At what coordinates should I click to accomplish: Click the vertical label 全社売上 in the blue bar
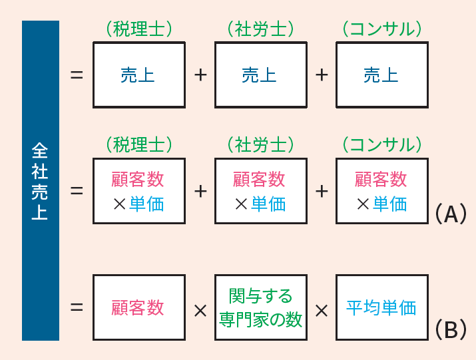point(40,181)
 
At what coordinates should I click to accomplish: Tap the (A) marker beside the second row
point(451,214)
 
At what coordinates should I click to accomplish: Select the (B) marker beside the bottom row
point(451,329)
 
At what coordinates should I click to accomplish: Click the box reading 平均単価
point(382,307)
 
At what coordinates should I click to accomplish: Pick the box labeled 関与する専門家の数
point(261,307)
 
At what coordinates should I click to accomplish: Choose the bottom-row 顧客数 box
point(139,307)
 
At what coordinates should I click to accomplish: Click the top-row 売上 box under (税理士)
point(139,75)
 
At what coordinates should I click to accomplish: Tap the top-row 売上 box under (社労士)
point(261,75)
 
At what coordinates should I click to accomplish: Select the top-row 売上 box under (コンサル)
point(382,75)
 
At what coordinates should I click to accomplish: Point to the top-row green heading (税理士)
point(139,29)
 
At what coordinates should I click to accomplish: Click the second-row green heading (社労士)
point(261,145)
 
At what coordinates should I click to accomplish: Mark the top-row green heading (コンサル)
point(382,29)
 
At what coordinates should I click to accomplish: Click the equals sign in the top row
point(77,75)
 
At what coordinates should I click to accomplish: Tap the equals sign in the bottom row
point(77,307)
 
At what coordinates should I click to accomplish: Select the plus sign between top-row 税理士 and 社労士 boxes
point(200,75)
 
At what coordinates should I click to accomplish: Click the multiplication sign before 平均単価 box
point(322,311)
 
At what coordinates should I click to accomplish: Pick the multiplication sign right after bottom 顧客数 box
point(200,311)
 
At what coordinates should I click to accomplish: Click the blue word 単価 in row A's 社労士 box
point(268,204)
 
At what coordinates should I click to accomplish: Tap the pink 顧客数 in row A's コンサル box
point(381,179)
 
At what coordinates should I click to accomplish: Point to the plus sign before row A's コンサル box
point(322,191)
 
